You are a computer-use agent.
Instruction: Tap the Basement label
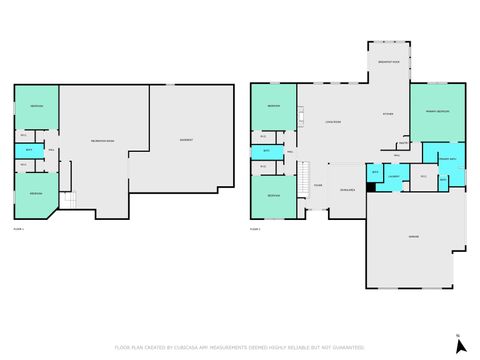[x=186, y=140]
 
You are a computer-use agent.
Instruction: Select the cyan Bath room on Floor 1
[x=29, y=150]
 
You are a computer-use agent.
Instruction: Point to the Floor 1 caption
[x=18, y=229]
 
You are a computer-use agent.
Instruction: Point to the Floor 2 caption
[x=255, y=229]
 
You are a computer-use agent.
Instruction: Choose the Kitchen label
[x=388, y=114]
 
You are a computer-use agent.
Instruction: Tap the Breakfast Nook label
[x=388, y=62]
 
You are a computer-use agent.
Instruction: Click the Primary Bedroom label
[x=437, y=111]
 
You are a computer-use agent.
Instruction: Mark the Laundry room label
[x=394, y=178]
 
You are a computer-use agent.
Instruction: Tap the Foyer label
[x=317, y=186]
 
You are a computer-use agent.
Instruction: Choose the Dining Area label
[x=347, y=189]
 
